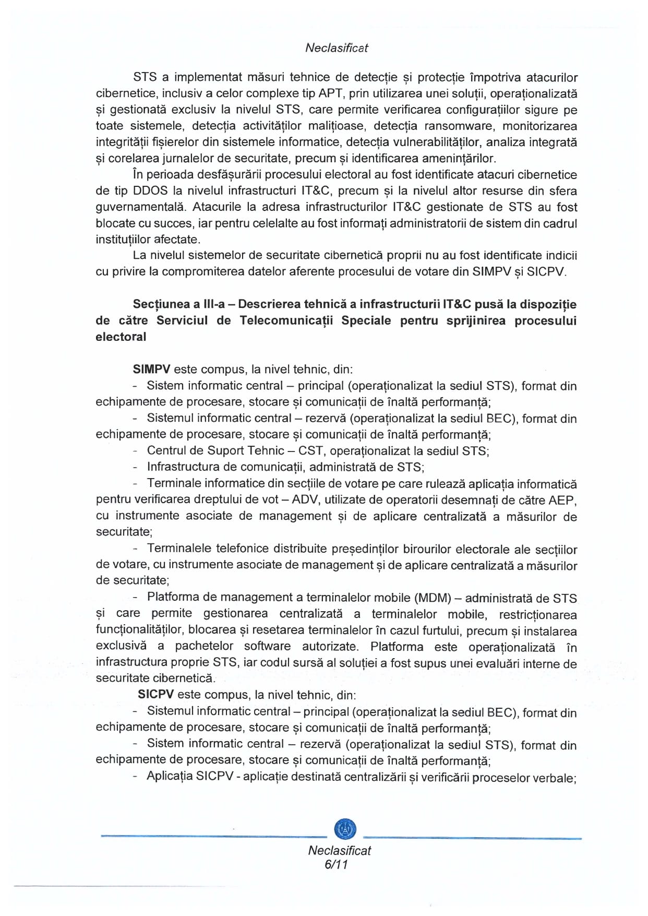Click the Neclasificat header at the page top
[337, 48]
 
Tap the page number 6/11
[336, 864]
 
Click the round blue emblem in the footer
[344, 828]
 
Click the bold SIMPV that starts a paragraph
[152, 370]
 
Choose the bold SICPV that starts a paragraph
[156, 695]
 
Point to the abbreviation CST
[310, 451]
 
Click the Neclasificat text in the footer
[340, 851]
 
